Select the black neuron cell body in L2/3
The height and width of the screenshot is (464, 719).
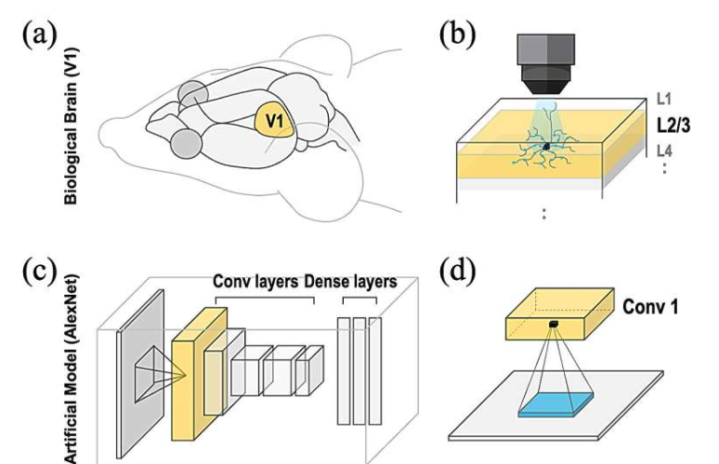pos(546,147)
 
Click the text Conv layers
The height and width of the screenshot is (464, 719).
pos(255,281)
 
